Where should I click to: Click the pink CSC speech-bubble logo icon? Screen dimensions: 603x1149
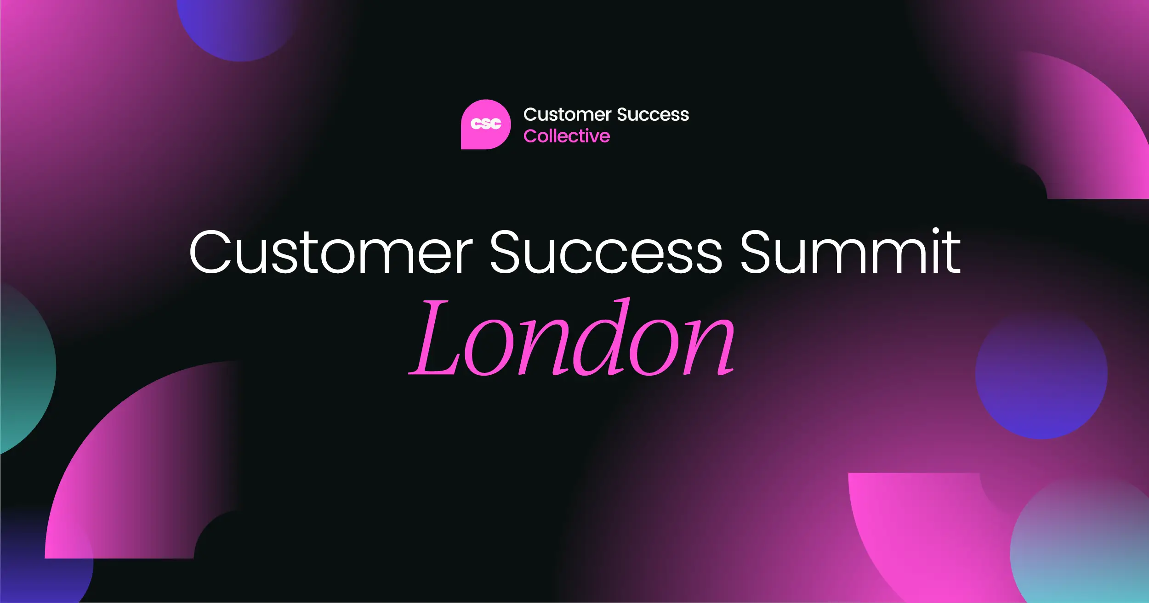[x=485, y=124]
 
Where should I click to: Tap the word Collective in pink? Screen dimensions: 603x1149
[x=566, y=136]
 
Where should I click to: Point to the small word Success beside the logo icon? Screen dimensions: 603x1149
[x=653, y=114]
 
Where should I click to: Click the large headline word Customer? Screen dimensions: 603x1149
[x=331, y=253]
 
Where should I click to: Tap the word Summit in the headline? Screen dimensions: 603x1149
[x=850, y=253]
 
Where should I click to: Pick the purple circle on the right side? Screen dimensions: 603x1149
[x=1041, y=374]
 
